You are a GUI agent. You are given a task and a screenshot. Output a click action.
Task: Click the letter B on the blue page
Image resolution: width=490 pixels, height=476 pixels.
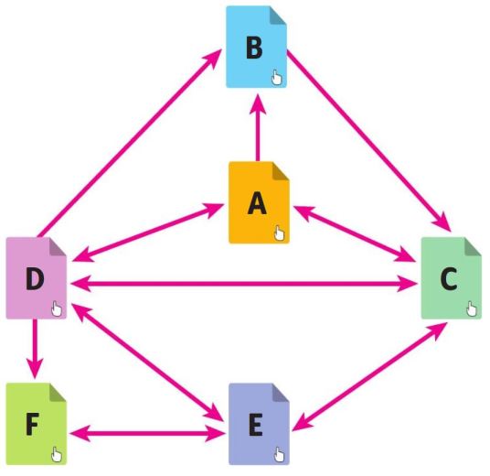[254, 49]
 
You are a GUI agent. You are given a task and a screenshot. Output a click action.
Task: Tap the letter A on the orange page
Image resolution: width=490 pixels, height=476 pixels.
[257, 203]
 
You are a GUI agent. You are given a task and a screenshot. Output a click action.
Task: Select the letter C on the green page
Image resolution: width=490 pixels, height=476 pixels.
[449, 278]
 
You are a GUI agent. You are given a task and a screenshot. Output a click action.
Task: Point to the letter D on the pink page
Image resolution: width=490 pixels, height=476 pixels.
[35, 279]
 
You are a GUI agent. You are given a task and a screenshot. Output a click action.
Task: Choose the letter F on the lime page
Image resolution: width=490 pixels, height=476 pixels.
[32, 425]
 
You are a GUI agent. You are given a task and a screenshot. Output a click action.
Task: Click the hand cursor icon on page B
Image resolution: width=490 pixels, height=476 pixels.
[277, 77]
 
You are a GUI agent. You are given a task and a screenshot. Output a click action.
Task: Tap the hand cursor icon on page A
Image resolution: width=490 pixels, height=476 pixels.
[280, 233]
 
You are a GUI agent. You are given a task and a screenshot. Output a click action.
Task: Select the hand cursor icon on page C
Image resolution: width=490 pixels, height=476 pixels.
[472, 308]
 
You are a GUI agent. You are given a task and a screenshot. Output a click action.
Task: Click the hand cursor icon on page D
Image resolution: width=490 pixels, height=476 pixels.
[57, 308]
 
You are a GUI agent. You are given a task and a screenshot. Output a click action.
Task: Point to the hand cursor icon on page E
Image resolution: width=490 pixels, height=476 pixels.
[279, 455]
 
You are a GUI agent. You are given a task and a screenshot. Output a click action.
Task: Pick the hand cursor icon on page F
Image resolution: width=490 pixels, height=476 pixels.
[57, 454]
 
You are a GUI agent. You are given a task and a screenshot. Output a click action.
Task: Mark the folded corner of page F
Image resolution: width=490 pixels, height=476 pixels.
[57, 392]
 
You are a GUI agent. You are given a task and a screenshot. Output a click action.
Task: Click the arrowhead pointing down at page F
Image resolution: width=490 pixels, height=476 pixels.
[35, 369]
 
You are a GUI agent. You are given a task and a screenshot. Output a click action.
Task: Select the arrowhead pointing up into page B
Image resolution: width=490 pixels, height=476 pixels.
[258, 103]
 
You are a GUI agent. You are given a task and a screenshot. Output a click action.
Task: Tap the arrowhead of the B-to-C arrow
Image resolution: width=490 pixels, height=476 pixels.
[442, 222]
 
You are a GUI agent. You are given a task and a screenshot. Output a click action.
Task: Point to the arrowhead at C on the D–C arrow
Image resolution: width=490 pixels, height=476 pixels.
[407, 284]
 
